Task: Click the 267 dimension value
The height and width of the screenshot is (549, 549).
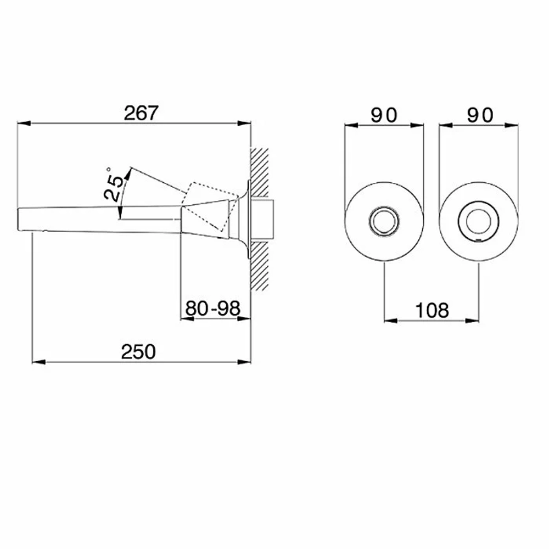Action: click(141, 113)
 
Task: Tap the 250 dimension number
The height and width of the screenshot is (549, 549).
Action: click(138, 352)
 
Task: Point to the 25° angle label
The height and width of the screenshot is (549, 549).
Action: click(114, 184)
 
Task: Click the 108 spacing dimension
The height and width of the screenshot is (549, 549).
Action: click(432, 311)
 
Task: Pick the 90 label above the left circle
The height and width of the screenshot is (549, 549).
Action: click(384, 115)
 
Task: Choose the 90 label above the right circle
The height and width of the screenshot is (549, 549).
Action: click(480, 115)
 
